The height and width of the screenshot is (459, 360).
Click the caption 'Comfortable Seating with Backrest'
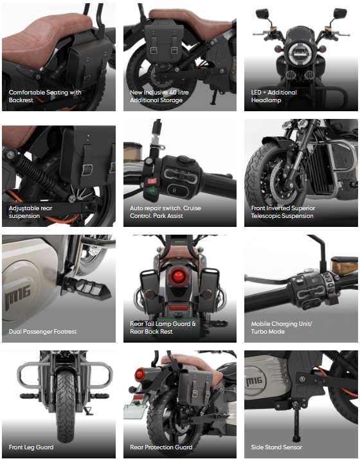[45, 96]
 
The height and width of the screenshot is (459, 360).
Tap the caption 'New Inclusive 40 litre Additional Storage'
[161, 96]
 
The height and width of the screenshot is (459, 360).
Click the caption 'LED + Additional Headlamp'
[274, 96]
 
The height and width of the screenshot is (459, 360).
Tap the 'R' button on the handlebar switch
[173, 191]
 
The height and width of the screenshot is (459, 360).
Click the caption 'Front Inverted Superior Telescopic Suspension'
[283, 212]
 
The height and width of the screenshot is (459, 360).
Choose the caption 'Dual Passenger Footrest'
[42, 332]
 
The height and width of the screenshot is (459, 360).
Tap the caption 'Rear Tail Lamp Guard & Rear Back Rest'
[163, 328]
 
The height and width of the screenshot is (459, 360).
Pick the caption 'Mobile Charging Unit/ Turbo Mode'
[281, 328]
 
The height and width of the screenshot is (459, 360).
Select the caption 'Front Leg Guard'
[31, 447]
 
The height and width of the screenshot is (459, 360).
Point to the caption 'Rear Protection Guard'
[161, 447]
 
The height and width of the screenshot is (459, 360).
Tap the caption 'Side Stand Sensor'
[276, 447]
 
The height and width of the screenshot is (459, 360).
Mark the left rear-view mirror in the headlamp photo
[262, 14]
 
